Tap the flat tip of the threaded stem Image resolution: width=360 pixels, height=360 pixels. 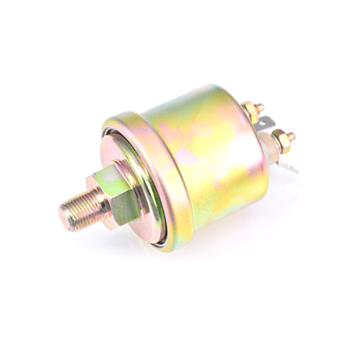(x=66, y=216)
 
